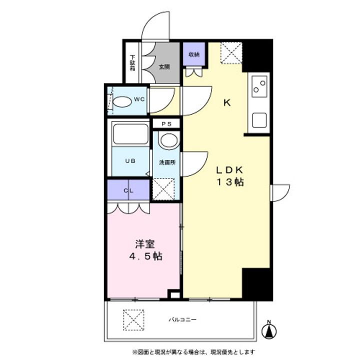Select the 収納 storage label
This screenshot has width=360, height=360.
(193, 54)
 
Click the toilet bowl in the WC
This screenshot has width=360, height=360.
(121, 101)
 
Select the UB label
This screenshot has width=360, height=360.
(130, 161)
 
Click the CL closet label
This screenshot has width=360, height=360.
(128, 190)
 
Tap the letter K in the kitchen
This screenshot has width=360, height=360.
(226, 103)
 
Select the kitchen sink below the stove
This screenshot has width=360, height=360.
(259, 120)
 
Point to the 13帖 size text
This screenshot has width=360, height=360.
(229, 182)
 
